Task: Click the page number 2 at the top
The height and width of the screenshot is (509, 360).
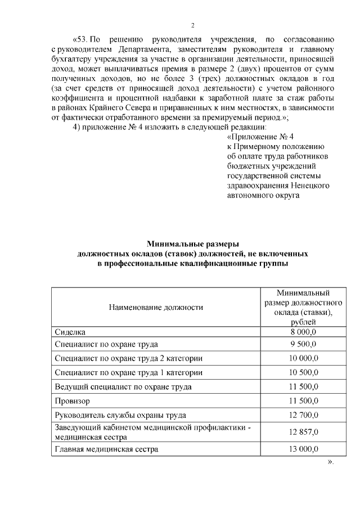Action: [192, 25]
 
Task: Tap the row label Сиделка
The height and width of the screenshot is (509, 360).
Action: [70, 332]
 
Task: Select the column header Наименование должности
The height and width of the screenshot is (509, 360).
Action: [156, 307]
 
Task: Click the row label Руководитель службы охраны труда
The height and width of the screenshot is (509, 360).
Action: [120, 416]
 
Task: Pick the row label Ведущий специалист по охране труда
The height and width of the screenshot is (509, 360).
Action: [123, 387]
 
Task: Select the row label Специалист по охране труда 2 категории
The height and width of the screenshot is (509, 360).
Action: [128, 358]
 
